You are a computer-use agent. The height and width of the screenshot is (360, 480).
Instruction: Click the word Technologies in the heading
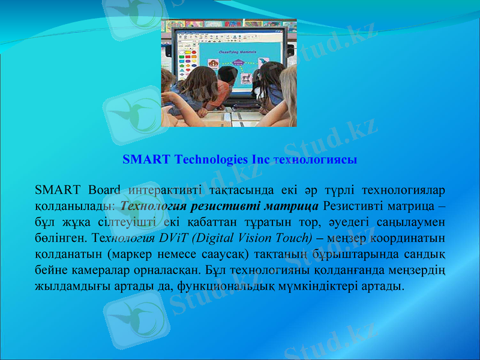click(212, 160)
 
